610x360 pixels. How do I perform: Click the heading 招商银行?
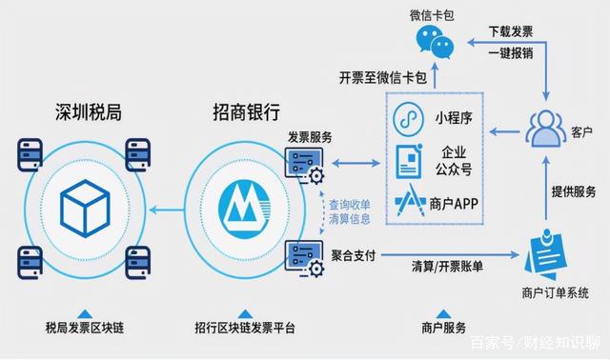tap(246, 113)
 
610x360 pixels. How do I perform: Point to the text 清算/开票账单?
tap(447, 264)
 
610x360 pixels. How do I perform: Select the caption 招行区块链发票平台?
tap(244, 329)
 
